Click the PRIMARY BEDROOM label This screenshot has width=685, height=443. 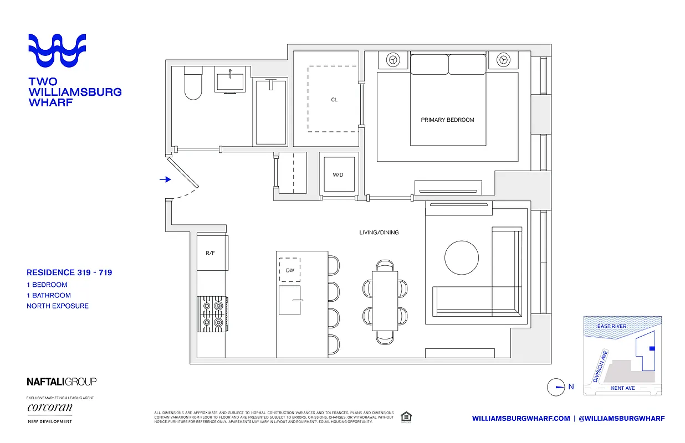[x=447, y=120]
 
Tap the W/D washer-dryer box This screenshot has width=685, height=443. [x=338, y=174]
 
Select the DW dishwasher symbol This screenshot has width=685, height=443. [x=289, y=270]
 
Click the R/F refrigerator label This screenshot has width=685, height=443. [x=210, y=253]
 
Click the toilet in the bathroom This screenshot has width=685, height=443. [x=193, y=84]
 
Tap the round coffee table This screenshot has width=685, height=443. [x=462, y=257]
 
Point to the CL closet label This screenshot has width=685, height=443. [x=334, y=100]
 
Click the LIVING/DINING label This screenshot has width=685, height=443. [x=379, y=233]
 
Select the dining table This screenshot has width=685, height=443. [x=385, y=299]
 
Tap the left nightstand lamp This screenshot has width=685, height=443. [x=393, y=59]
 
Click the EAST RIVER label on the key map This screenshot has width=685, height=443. [x=612, y=326]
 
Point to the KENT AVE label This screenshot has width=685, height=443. [x=622, y=388]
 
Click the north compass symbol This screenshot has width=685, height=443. [x=556, y=387]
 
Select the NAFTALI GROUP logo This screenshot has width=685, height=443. [x=62, y=382]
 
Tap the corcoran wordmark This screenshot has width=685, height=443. [x=49, y=408]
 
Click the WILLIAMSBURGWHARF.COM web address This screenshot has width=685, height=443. [x=521, y=419]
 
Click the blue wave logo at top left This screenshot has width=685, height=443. [x=57, y=51]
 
